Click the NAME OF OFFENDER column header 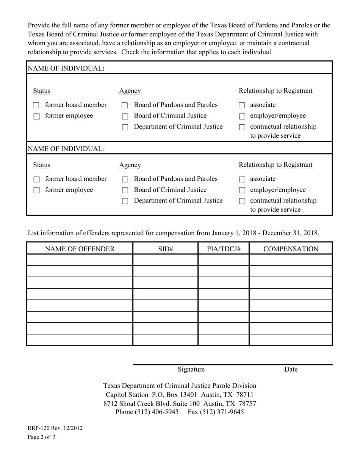(80, 249)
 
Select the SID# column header (165, 249)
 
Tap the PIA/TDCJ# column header (224, 249)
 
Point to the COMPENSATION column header (291, 249)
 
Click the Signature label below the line (191, 369)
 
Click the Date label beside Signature (291, 369)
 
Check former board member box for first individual (36, 105)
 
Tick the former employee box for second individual (36, 190)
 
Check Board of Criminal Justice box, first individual (125, 116)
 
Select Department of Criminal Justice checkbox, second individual (125, 201)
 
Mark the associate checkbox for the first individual (242, 105)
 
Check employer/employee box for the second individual (242, 190)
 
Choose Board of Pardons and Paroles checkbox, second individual (125, 179)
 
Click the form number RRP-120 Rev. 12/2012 (55, 428)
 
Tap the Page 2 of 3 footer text (42, 437)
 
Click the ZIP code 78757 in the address (247, 403)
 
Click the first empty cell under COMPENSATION (291, 260)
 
